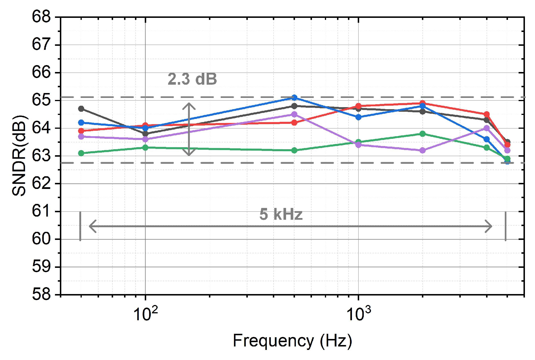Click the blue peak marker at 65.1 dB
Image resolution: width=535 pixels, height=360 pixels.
click(x=294, y=98)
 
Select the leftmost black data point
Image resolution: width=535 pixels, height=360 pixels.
click(x=81, y=109)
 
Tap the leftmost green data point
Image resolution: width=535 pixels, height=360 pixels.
click(x=81, y=153)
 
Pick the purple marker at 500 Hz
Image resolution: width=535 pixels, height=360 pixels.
click(x=294, y=114)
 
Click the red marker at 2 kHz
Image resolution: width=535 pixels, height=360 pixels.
click(x=422, y=103)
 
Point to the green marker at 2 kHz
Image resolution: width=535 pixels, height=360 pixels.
click(x=422, y=134)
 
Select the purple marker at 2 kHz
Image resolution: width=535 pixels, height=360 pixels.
click(x=422, y=150)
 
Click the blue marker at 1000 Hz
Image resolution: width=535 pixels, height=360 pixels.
click(x=358, y=117)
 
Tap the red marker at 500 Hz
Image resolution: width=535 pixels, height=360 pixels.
click(x=294, y=123)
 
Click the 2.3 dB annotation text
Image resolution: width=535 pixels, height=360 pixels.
click(x=192, y=79)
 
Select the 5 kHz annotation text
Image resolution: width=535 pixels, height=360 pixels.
click(x=281, y=214)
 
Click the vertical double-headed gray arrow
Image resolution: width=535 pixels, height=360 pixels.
click(x=189, y=129)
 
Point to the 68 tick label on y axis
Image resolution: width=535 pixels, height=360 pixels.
click(x=41, y=17)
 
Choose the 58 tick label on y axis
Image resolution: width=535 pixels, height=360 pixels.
click(x=41, y=295)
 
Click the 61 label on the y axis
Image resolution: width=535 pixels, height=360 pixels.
click(x=41, y=211)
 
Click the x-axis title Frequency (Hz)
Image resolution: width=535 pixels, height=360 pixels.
click(x=292, y=341)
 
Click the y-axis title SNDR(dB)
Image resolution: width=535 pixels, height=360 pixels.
click(x=20, y=156)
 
